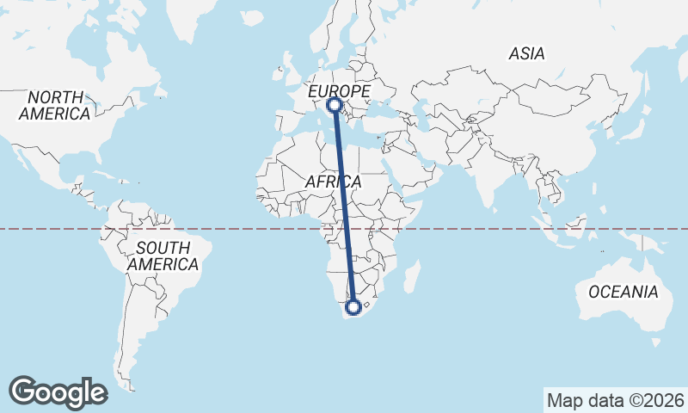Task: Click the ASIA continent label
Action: (526, 53)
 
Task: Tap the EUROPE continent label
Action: (339, 90)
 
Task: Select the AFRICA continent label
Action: (333, 182)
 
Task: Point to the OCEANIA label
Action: (623, 292)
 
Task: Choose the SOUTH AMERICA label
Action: (163, 256)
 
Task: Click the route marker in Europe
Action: (335, 106)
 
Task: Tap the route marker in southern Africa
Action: (353, 306)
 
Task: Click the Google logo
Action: (58, 392)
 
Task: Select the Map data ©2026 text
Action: (615, 400)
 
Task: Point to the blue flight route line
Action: (344, 206)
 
